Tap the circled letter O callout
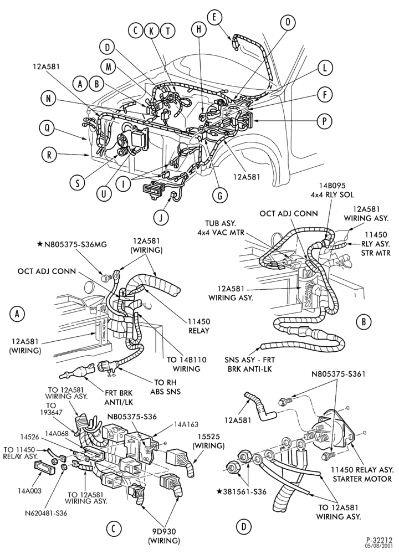pos(288,22)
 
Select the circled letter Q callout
pos(47,129)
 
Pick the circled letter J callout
pos(161,218)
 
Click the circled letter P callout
pos(324,121)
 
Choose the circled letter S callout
pos(78,183)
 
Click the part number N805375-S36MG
pos(75,244)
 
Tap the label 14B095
pos(332,185)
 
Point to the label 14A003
pos(30,491)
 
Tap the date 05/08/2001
pos(380,546)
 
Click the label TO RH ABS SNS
pos(165,387)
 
